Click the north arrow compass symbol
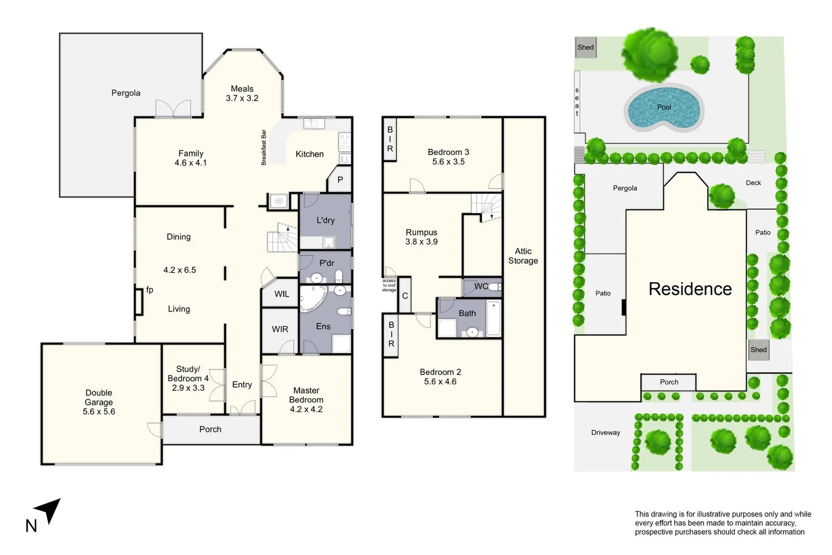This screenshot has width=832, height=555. coord(49,510)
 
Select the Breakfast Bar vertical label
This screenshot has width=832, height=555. coord(264,147)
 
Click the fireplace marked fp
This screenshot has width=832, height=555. coord(139,302)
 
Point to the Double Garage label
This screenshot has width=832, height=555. coord(99,402)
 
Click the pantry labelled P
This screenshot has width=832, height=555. coord(339,180)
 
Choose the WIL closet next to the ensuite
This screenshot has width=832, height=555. coord(281,294)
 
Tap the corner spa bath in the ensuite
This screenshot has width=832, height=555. coord(312,298)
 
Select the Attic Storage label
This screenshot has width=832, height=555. coord(523,256)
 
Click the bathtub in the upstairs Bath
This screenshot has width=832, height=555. coord(494,319)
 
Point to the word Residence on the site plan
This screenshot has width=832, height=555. coord(690,289)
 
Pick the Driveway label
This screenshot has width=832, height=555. coord(606,433)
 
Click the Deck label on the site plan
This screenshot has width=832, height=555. coord(753,183)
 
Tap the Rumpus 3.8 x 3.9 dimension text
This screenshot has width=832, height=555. coord(421,242)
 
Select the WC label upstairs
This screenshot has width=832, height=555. coord(481,286)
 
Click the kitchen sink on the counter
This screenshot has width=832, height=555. coord(313,123)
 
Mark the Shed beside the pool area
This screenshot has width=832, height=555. coord(585,47)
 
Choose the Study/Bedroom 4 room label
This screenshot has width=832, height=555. coord(188,378)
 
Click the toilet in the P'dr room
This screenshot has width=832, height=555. coord(338,276)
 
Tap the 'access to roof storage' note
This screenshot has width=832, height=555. coord(389,285)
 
